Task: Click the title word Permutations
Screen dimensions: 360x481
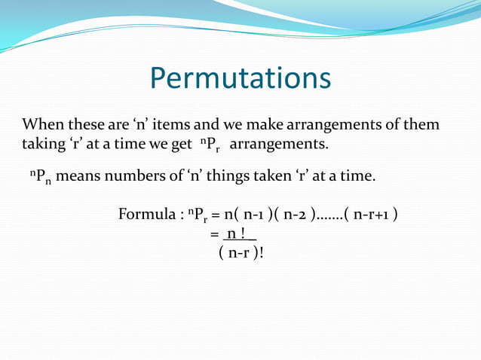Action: click(240, 78)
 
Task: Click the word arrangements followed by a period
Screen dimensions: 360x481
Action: click(279, 143)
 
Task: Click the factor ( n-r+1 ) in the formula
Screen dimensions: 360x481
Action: click(371, 215)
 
